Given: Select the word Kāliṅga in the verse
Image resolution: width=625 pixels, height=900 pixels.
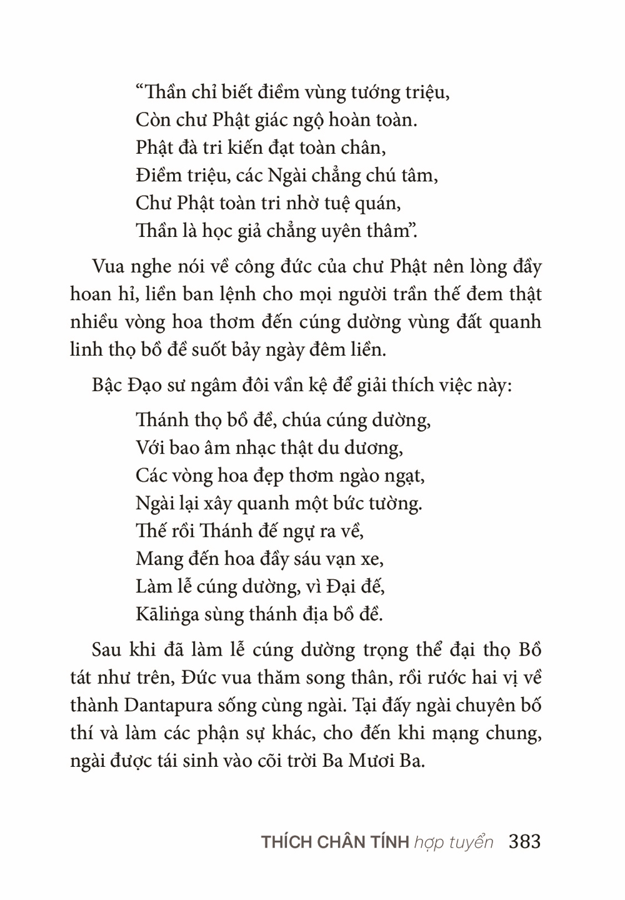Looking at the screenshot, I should point(167,614).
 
